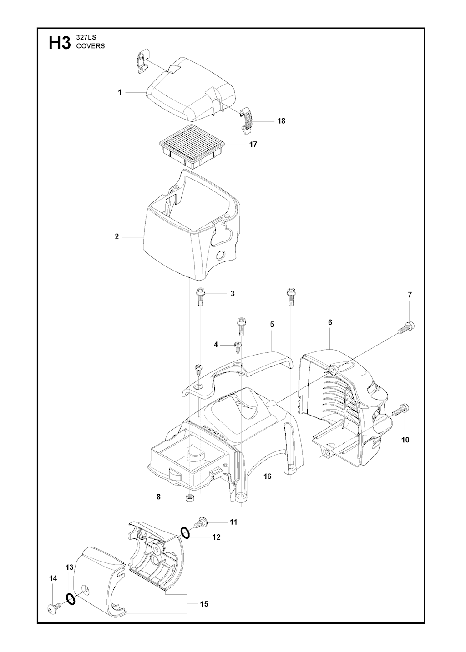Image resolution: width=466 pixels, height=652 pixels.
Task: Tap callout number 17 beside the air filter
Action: point(253,145)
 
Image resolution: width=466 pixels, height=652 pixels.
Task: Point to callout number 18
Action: point(281,121)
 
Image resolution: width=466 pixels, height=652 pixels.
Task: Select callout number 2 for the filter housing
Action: point(116,236)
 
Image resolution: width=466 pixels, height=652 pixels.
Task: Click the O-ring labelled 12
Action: point(185,532)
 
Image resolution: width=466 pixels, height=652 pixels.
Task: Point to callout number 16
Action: point(268,476)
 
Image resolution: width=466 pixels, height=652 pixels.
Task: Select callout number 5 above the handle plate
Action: point(272,324)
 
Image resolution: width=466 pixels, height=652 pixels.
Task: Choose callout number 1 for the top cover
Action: point(120,92)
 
